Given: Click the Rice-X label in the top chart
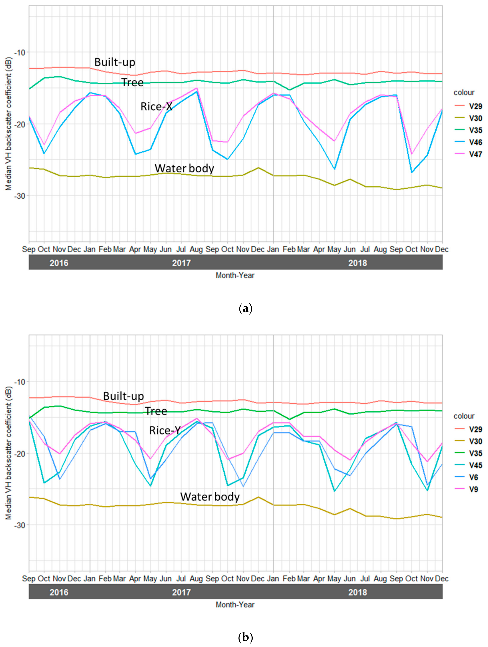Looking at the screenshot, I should point(156,107).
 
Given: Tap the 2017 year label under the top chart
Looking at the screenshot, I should point(181,263).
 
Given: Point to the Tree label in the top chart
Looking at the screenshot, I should point(132,82).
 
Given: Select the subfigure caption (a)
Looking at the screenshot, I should point(245,309).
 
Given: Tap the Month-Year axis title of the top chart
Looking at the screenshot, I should point(235,275).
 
